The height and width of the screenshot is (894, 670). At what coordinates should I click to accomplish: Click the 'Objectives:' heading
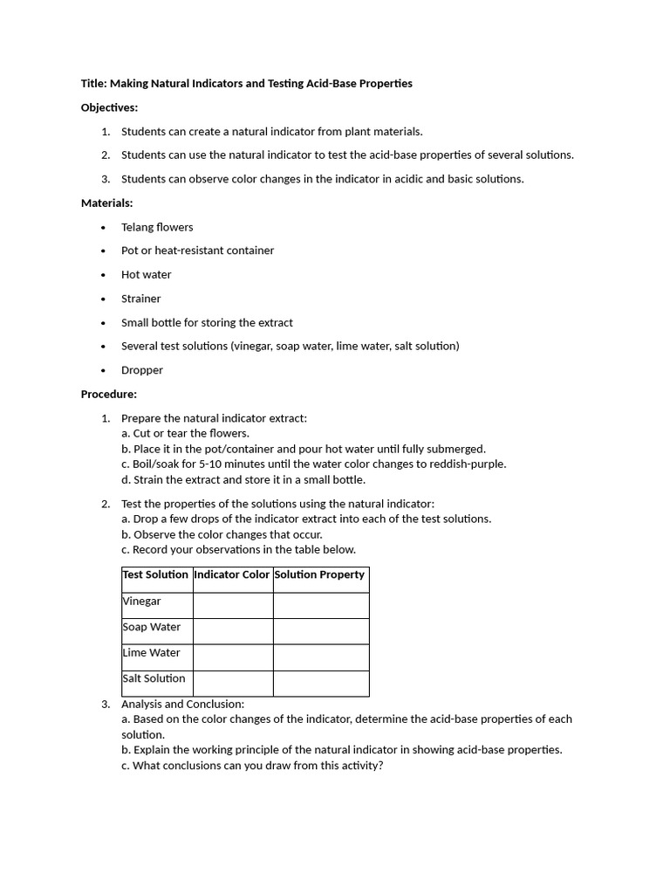click(109, 107)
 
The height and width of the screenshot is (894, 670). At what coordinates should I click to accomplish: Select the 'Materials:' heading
click(106, 203)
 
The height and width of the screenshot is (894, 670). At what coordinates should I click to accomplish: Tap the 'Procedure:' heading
click(108, 394)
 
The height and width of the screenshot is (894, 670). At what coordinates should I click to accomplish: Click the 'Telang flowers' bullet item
click(157, 227)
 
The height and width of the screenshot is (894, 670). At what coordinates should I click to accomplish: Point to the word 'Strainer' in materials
click(141, 299)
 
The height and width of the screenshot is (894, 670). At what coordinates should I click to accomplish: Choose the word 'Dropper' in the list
click(142, 370)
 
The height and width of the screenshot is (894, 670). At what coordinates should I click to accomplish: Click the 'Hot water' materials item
click(147, 274)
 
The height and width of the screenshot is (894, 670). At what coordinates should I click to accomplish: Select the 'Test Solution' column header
click(156, 574)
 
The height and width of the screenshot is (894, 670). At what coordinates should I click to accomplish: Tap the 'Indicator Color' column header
click(232, 574)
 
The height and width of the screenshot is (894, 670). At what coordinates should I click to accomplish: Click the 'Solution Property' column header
click(319, 574)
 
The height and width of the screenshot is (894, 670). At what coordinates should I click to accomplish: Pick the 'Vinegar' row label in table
click(142, 602)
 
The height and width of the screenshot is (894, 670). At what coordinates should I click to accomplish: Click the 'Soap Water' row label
click(152, 627)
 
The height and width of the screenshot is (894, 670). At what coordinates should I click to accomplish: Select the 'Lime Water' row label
click(152, 653)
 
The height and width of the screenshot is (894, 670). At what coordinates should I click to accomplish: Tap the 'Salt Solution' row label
click(154, 678)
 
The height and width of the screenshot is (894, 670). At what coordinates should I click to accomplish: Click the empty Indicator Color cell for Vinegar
click(233, 605)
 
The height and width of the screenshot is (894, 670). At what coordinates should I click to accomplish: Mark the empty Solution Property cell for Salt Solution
click(321, 683)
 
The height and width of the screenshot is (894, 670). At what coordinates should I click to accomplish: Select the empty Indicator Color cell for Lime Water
click(233, 657)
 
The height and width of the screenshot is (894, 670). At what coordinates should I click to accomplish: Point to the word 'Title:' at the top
click(93, 84)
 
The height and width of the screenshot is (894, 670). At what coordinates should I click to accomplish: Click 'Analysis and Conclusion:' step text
click(183, 704)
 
